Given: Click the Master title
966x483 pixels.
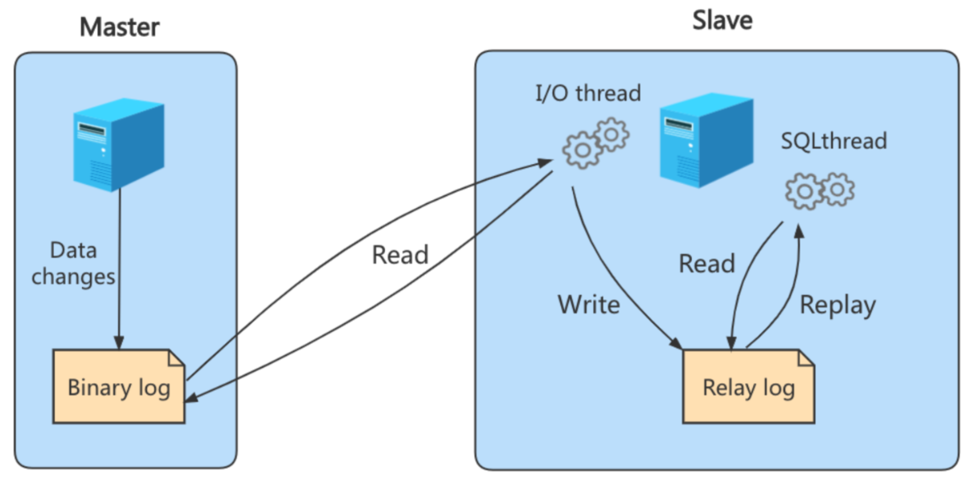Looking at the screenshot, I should [x=120, y=27].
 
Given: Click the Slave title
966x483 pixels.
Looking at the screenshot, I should [x=722, y=19].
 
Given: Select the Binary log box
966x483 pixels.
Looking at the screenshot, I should [x=119, y=388].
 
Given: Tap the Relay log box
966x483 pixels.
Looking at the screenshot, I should [x=748, y=388].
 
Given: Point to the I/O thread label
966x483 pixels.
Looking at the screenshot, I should [x=588, y=93].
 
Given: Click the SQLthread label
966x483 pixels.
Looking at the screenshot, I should [x=834, y=141].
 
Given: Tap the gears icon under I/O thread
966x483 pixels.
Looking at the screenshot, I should [x=595, y=142].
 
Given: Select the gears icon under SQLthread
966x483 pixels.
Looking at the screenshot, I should [x=819, y=190].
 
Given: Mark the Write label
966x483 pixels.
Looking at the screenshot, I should [x=589, y=305].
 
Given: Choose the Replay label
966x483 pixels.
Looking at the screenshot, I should [x=837, y=305].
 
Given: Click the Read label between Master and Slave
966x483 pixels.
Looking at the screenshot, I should [x=400, y=255].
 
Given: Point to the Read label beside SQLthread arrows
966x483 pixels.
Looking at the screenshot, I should [x=706, y=264].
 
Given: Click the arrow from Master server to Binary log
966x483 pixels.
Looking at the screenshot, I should [x=120, y=265].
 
